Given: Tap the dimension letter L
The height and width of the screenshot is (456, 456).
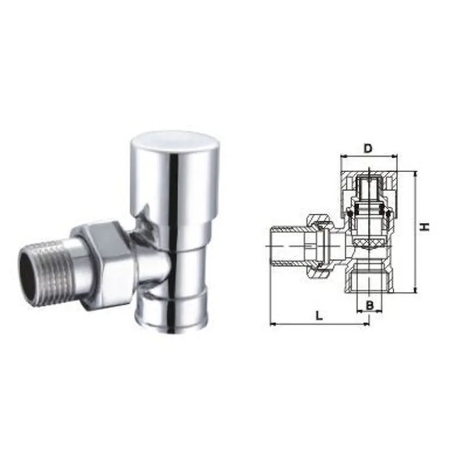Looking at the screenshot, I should (319, 315).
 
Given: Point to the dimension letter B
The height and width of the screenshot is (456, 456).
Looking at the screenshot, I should (370, 305).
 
